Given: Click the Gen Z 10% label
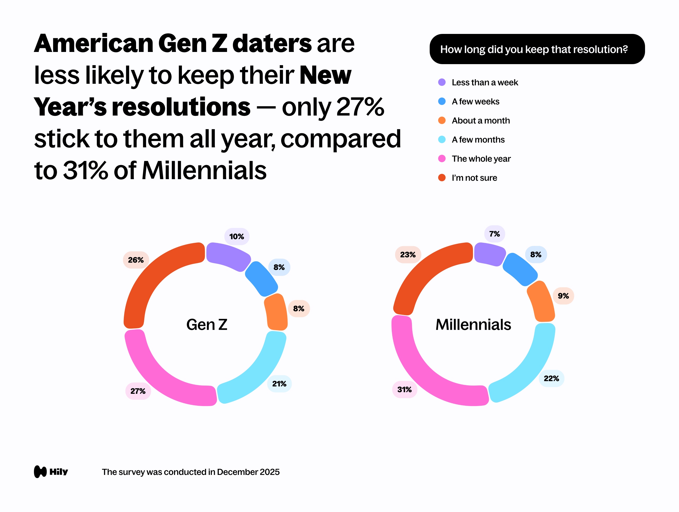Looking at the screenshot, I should [x=237, y=236].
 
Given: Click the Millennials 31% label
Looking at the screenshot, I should [x=404, y=390].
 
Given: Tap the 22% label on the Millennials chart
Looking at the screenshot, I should [x=551, y=378].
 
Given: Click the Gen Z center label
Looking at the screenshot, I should [x=207, y=325].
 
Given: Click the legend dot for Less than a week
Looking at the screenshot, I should [x=442, y=82].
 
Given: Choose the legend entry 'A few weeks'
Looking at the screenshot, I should [x=475, y=101].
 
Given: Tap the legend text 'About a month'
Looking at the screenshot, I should [x=480, y=121].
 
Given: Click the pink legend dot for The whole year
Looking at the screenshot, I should [x=442, y=158].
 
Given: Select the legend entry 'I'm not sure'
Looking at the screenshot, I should [x=474, y=178].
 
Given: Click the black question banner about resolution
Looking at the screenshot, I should [x=537, y=49].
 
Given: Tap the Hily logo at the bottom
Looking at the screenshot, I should [x=51, y=472].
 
